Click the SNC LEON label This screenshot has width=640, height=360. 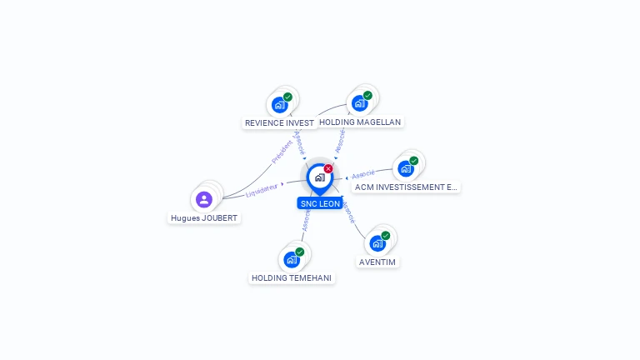coord(320,203)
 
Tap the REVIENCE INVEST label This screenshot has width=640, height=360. coord(279,122)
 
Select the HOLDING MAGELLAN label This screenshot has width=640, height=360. coord(360,122)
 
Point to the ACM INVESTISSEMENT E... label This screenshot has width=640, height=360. coord(405,187)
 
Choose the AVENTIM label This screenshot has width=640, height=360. coord(377,262)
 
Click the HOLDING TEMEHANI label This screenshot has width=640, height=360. coord(292,277)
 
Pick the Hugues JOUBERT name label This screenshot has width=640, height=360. coord(204,218)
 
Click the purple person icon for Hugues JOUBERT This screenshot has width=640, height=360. coord(204,199)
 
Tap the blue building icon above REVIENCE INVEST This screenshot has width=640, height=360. coord(279,105)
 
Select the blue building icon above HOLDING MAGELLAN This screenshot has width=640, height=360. coord(359,103)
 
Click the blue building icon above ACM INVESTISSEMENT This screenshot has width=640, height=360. coord(406,168)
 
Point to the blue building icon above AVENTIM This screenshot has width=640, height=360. coord(377,243)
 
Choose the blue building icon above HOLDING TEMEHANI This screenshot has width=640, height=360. coord(291,259)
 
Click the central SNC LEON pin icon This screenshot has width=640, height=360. coord(319,177)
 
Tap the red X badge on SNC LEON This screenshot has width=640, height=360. coord(328,168)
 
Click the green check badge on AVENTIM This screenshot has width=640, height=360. coord(386,235)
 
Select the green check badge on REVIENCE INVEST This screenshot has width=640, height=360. coord(287,97)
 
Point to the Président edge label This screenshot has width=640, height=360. coord(282,151)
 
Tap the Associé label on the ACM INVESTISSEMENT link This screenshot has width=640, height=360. coord(363,174)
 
